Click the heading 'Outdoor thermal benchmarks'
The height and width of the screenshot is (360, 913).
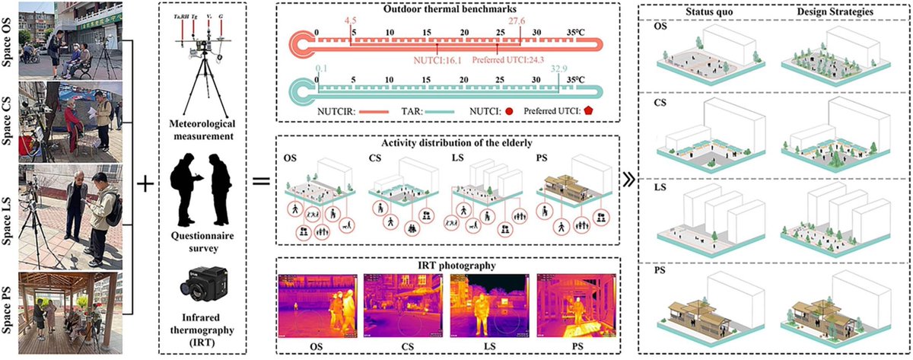pos(450,11)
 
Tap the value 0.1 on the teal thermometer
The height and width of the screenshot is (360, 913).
pos(318,68)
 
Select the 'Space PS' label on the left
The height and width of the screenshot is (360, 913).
pos(8,297)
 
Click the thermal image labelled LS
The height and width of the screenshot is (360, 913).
pos(491,305)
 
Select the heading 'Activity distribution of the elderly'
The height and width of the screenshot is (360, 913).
pos(450,142)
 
